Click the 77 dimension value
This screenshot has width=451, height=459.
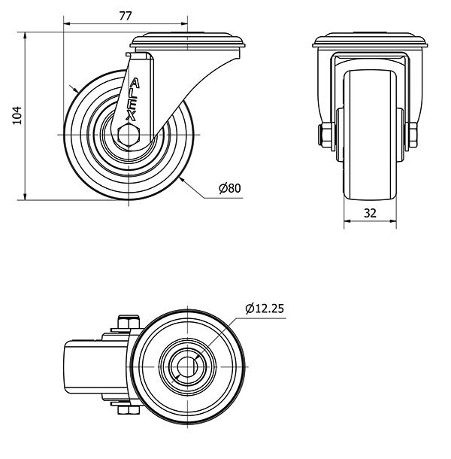point(126,16)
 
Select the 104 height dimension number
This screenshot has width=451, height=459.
point(17,115)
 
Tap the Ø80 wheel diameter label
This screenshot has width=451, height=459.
point(230,188)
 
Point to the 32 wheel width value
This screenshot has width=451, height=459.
point(370,213)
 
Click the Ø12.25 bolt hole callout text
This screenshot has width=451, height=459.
point(265,309)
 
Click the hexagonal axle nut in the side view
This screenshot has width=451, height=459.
point(129,135)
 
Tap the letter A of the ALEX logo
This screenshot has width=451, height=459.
point(135,83)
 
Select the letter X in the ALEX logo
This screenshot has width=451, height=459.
point(131,116)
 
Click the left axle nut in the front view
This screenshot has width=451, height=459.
point(326,135)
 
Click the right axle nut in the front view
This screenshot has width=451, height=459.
point(412,135)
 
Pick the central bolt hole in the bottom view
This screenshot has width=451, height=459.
point(187,366)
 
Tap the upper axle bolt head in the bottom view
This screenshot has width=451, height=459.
point(129,322)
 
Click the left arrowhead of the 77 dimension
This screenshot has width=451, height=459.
point(67,23)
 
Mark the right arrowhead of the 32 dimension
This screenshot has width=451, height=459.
point(393,221)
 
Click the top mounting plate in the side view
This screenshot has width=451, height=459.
point(188,41)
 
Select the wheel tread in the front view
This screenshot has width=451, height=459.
point(370,135)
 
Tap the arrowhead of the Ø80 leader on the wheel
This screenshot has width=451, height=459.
point(182,180)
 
